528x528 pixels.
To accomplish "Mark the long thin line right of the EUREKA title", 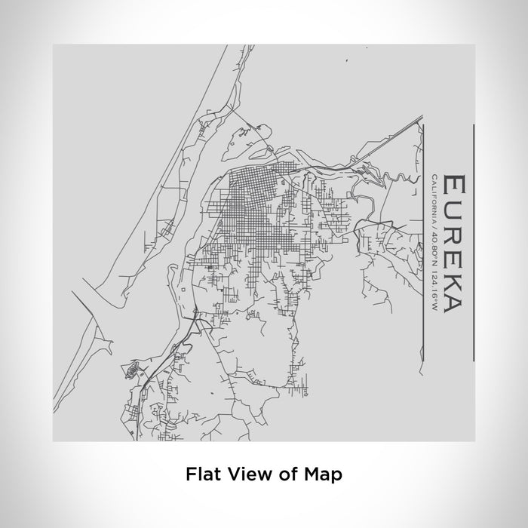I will click(x=473, y=242).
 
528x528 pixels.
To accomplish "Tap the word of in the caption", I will click(x=281, y=474).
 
